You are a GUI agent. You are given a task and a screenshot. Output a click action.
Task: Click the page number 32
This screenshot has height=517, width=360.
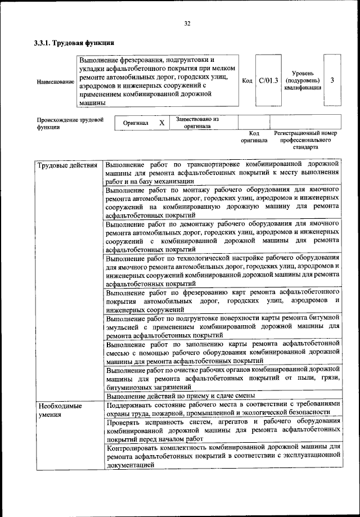187,23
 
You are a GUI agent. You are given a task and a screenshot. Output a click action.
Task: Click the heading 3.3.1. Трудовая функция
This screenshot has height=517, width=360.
74,43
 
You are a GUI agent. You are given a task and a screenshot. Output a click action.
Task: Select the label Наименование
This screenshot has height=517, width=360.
55,82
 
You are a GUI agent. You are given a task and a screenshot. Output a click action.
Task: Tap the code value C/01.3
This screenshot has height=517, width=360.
268,80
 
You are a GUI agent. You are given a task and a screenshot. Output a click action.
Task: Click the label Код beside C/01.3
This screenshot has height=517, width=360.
247,80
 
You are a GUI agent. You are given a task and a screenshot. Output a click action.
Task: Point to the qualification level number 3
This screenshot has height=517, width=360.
332,80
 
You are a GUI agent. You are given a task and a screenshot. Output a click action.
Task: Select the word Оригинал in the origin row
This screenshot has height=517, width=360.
136,123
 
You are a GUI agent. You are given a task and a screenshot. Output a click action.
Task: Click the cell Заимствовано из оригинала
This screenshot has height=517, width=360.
197,123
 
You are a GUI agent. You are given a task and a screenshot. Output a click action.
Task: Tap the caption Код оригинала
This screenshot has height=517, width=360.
254,137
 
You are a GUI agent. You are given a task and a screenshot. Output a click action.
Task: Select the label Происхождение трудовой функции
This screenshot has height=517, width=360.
70,123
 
